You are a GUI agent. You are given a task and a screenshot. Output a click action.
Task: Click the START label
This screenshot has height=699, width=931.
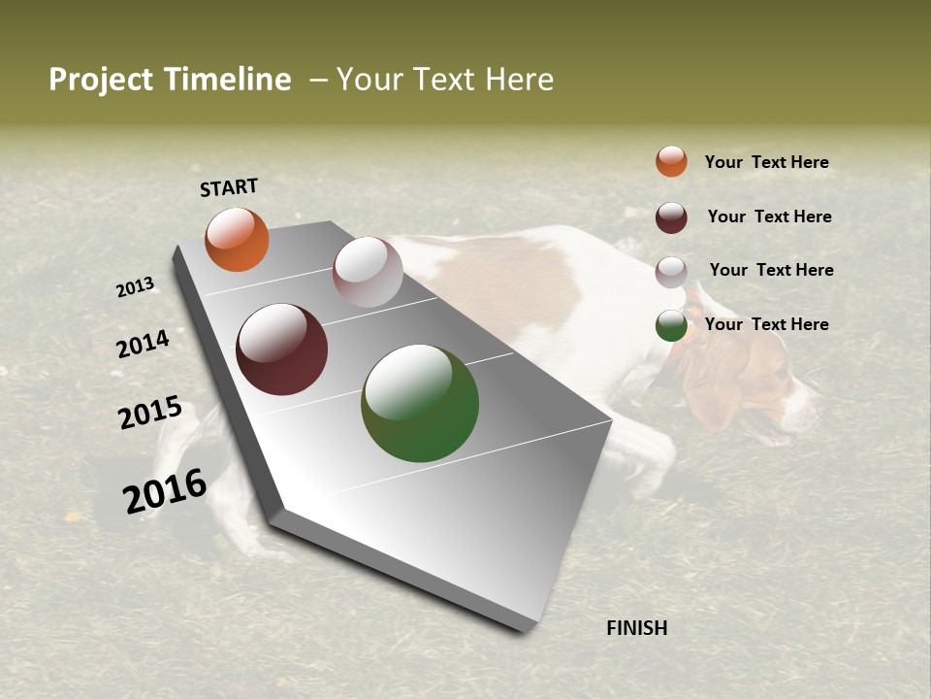229,186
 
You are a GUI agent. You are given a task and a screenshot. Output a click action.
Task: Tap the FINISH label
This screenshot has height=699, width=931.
637,628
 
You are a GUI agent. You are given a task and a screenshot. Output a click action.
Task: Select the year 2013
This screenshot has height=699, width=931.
136,287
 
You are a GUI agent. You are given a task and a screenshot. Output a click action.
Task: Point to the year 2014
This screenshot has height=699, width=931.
144,344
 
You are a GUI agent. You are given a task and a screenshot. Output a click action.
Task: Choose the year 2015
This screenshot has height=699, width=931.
150,413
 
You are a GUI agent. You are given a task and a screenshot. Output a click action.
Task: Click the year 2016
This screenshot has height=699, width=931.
165,490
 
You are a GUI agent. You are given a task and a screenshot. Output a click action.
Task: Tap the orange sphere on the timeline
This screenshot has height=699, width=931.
237,240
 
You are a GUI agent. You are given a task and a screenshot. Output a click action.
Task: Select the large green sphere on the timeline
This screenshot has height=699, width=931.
420,403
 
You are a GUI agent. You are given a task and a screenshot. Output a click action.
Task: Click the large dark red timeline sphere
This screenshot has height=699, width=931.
282,349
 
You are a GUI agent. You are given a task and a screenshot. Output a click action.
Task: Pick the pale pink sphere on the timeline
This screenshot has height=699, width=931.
368,272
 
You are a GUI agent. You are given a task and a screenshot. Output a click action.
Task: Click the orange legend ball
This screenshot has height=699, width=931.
671,161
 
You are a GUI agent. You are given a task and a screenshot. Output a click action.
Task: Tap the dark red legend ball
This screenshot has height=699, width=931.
671,217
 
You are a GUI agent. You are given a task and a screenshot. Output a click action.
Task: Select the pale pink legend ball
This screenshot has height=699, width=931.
671,272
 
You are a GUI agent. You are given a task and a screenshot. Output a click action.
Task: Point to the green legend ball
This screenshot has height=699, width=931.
671,326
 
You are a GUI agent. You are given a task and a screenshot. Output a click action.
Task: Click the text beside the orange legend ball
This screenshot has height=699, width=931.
766,162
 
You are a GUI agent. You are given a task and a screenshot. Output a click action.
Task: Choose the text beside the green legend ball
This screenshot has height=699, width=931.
766,324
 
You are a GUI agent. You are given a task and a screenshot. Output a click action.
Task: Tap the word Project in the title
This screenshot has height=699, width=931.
100,80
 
